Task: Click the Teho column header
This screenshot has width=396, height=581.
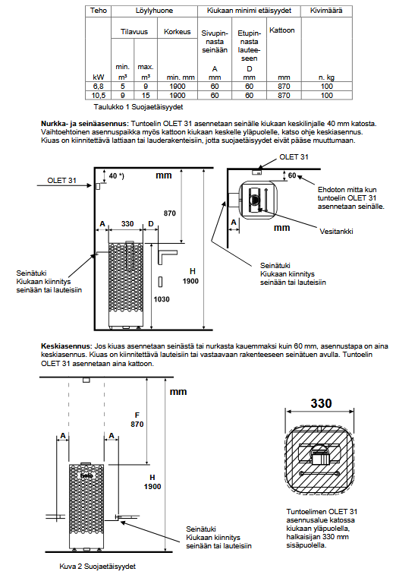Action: pos(98,11)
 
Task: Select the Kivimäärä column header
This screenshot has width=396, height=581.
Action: pos(326,11)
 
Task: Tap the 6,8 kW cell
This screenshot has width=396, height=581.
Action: pos(98,87)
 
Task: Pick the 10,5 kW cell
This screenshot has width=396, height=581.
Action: pos(98,95)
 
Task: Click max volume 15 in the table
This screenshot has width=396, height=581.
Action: pos(146,95)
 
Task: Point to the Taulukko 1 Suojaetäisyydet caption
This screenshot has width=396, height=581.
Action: pos(138,107)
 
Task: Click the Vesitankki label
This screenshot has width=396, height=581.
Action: pos(336,231)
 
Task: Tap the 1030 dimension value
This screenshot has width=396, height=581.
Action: pos(162,299)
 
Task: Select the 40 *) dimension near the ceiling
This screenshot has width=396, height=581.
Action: pos(116,175)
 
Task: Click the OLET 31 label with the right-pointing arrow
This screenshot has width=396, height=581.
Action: pos(61,181)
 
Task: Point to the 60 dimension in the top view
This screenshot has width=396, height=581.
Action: pos(292,175)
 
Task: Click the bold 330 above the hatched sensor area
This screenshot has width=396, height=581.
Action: pos(321,403)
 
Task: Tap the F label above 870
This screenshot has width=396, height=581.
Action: pos(137,415)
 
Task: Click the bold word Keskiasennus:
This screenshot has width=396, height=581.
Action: pos(66,346)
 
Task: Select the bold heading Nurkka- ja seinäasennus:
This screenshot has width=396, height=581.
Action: pos(85,123)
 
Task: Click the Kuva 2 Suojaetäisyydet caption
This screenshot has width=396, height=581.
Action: pos(97,566)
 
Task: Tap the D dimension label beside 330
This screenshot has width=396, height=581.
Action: pos(151,224)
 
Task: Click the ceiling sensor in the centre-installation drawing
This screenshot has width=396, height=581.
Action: pos(86,380)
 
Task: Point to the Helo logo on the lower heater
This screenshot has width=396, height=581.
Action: pos(86,475)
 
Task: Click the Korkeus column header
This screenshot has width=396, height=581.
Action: pos(178,32)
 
